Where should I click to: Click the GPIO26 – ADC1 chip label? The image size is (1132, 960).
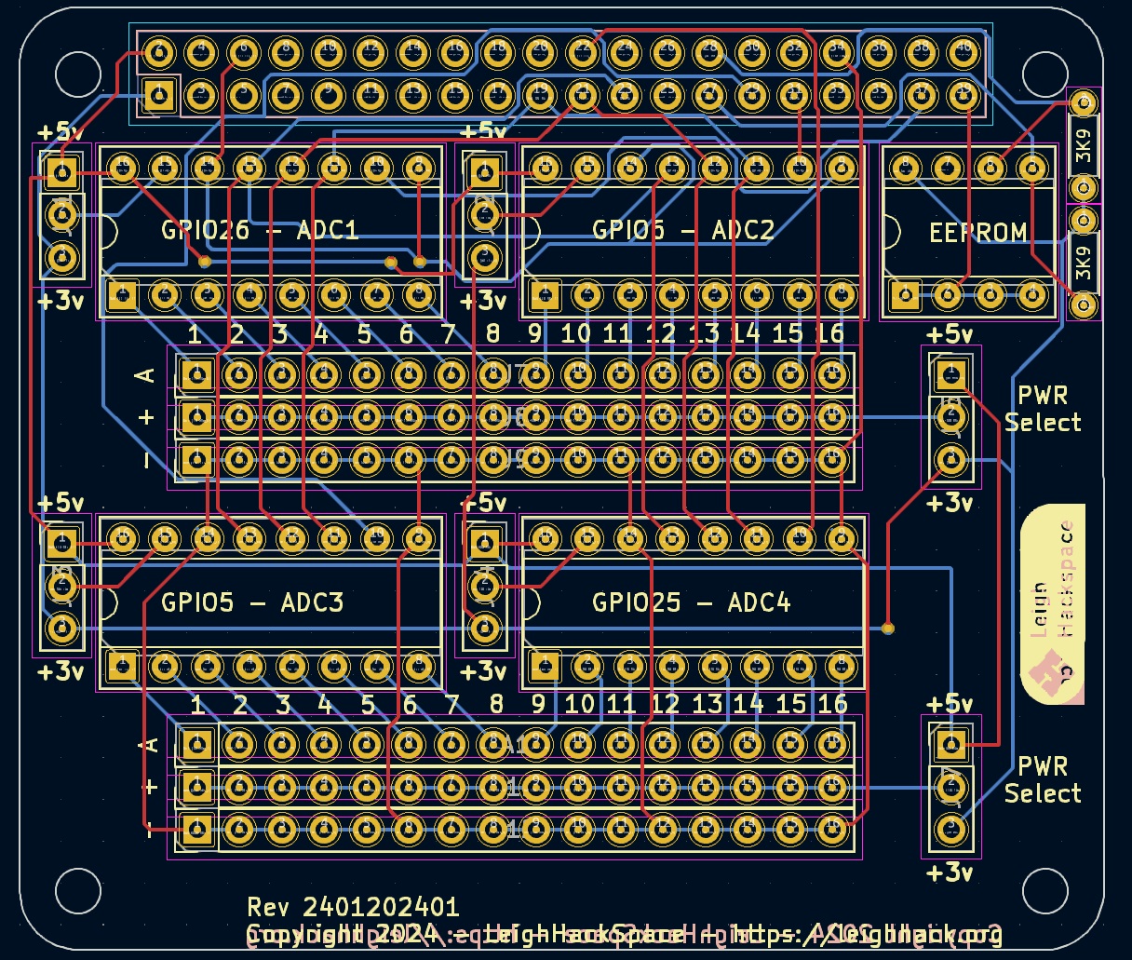coord(260,230)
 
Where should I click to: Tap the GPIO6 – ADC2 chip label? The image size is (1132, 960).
coord(683,230)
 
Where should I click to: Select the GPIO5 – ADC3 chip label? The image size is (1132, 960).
coord(252,602)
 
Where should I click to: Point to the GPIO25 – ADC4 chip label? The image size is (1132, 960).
coord(691,602)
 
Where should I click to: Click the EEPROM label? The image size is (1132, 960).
coord(978,232)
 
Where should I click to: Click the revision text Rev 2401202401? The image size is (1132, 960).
coord(353,907)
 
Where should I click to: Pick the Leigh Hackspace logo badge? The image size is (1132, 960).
coord(1054,604)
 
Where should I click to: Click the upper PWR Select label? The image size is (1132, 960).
coord(1043,409)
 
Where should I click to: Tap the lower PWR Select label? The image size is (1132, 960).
coord(1043,780)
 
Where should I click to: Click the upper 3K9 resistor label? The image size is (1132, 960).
coord(1084,145)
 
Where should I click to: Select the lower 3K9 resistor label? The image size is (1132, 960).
coord(1084,263)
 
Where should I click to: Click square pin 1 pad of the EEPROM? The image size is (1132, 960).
coord(905,296)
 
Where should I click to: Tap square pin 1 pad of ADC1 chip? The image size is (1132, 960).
coord(121,296)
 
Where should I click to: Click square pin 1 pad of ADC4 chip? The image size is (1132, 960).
coord(545,666)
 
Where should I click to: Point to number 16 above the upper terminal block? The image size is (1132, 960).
coord(829,333)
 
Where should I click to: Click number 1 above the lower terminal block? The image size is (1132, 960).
coord(196,705)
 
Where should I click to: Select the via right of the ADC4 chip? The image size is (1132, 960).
coord(888,628)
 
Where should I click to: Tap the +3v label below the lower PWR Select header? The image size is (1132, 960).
coord(950,872)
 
